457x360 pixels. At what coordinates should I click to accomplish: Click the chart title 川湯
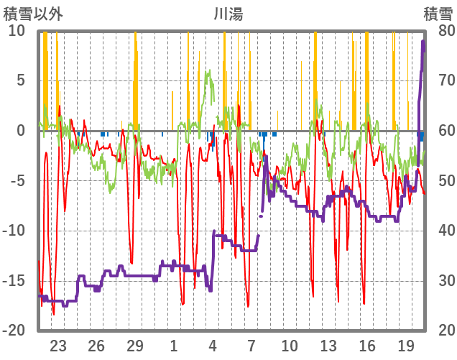(228, 13)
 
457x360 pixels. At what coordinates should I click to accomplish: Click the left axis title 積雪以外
(33, 13)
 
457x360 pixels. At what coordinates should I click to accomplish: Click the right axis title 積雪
(438, 13)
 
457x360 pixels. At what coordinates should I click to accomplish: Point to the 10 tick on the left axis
(17, 30)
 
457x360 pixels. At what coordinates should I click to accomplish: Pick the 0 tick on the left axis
(21, 130)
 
